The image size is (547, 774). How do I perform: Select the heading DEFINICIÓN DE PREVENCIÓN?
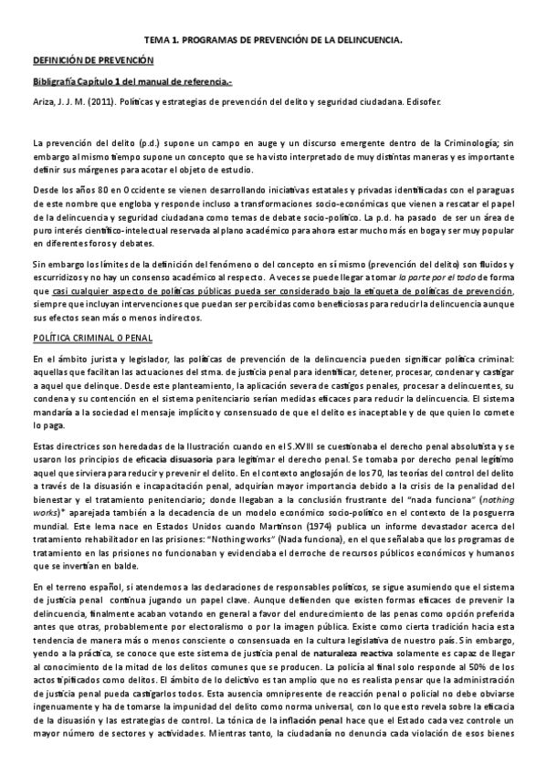coord(92,61)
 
